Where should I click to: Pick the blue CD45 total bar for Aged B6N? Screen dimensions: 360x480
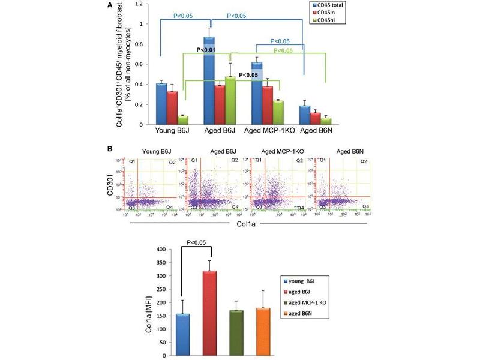click(305, 115)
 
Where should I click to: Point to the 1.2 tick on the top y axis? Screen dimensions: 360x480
click(139, 4)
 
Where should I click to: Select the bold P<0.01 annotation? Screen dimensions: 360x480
click(209, 50)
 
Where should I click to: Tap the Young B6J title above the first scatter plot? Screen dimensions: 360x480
click(154, 151)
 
